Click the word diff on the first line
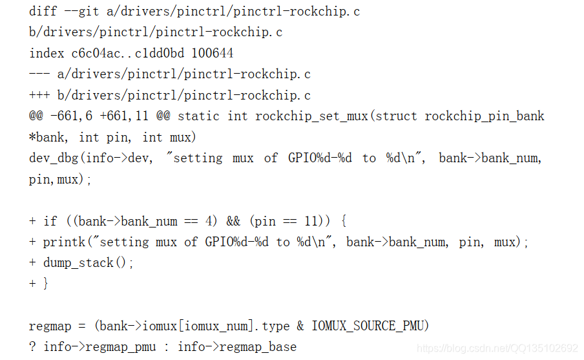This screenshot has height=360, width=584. point(43,12)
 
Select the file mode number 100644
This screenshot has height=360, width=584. point(213,53)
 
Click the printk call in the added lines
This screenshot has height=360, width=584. point(64,242)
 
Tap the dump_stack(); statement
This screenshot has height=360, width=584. point(87,263)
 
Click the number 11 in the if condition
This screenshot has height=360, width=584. point(312,221)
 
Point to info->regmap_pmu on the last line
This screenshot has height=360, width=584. point(99,347)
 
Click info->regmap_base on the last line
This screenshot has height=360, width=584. point(237,347)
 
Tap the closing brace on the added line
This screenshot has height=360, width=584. point(45,284)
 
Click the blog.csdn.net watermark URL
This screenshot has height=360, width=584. point(497,348)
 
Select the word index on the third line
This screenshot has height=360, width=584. point(47,53)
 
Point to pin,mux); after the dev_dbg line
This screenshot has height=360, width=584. point(60,179)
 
